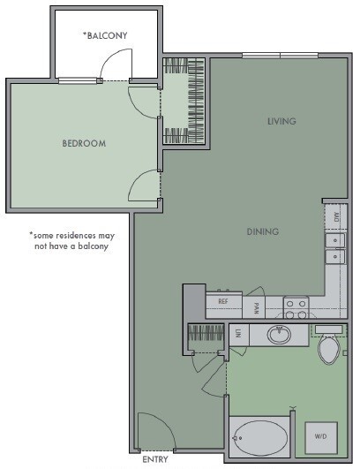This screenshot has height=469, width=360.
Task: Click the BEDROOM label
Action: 84,143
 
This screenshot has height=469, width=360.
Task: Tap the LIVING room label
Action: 281,121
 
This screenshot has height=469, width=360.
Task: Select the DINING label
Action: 262,231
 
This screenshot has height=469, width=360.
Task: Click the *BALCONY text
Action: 105,35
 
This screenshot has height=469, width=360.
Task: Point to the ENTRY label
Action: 154,459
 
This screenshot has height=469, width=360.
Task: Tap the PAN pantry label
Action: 256,307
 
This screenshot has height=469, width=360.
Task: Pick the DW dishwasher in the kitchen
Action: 335,215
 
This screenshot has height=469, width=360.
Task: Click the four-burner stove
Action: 296,307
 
